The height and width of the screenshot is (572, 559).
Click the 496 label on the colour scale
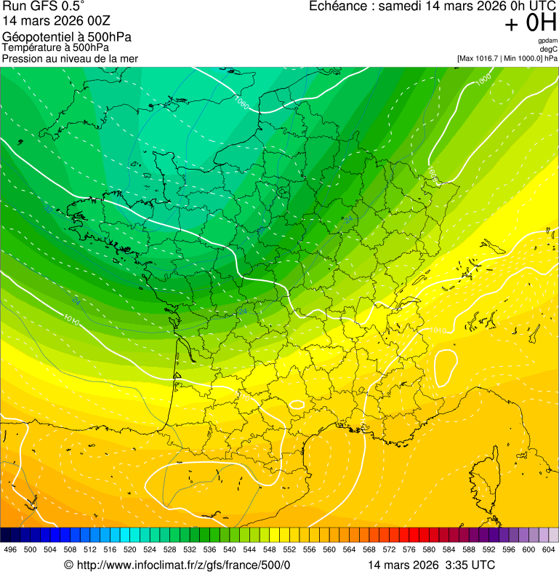pos(10,549)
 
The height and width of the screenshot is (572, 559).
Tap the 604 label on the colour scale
pos(549,549)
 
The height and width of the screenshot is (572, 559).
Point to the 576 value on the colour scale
pos(409,549)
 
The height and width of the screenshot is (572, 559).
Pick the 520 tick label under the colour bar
pos(129,549)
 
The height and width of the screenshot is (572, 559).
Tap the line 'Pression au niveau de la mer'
pos(70,58)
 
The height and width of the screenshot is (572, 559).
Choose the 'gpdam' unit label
pos(547,41)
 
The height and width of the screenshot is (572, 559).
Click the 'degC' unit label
pos(549,49)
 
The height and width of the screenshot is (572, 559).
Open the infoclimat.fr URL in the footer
pos(177,565)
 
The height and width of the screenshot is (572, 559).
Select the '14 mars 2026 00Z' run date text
pos(52,22)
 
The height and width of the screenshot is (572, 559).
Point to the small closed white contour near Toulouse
pos(297,404)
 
